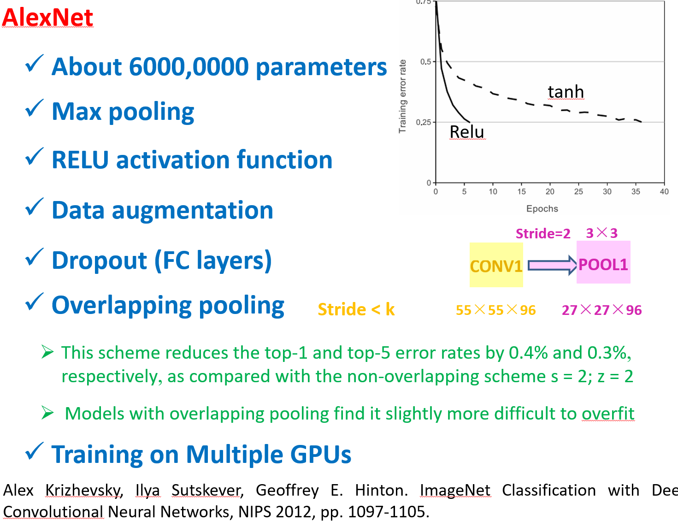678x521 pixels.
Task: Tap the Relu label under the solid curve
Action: coord(467,132)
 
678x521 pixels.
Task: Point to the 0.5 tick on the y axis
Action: coord(425,61)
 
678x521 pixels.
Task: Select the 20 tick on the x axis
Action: coord(550,191)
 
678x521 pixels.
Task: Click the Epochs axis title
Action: coord(542,208)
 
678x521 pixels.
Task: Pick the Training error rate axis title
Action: coord(402,96)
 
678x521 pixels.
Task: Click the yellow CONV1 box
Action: coord(496,265)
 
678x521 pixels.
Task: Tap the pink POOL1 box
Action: coord(603,262)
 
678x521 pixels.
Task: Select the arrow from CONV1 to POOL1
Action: coord(552,265)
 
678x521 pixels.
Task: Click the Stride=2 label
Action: coord(543,233)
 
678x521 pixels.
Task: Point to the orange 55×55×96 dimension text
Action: coord(495,310)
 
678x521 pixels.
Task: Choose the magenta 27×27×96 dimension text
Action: coord(601,310)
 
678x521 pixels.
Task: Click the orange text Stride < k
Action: coord(356,309)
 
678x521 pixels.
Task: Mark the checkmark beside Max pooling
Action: coord(34,108)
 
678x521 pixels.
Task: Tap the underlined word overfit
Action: coord(608,414)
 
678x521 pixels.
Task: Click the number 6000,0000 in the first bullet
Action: coord(189,67)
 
